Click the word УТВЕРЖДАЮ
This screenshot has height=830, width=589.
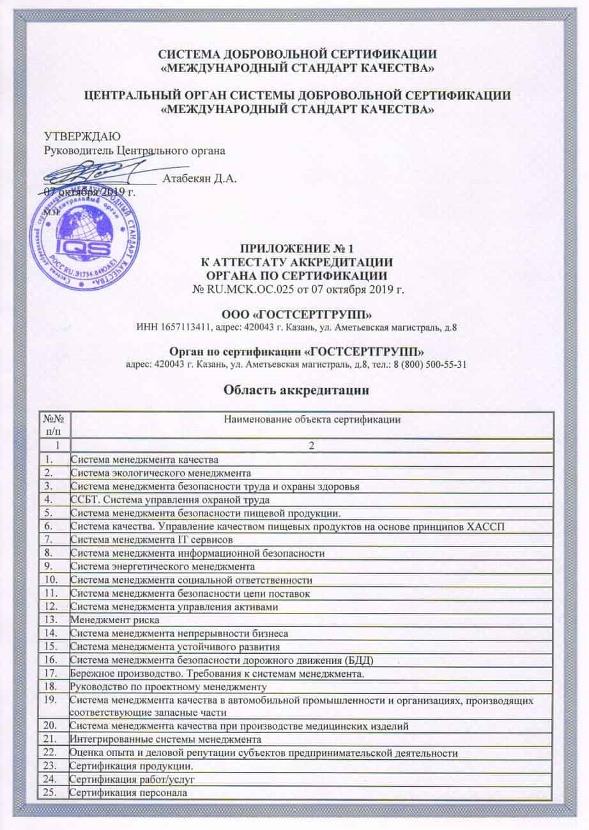click(x=81, y=137)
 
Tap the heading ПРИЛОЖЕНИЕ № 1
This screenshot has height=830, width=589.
click(x=294, y=248)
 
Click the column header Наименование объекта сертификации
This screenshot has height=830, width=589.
click(x=311, y=419)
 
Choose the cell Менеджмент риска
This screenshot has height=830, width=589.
click(x=114, y=619)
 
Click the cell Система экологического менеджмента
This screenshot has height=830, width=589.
click(x=160, y=473)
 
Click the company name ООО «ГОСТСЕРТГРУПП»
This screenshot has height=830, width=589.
click(x=294, y=314)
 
